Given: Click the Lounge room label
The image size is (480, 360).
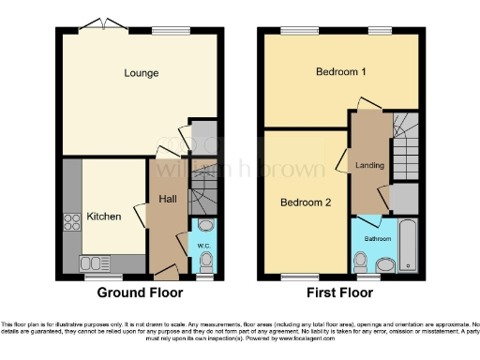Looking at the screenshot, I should click(142, 73).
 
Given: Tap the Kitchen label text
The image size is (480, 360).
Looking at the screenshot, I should click(104, 217).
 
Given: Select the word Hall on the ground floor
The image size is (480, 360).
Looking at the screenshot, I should click(167, 199).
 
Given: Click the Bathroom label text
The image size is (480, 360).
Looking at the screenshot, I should click(378, 239).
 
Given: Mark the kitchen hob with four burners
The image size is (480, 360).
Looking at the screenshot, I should click(72, 222).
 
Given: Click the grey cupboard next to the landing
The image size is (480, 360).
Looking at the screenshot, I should click(404, 199).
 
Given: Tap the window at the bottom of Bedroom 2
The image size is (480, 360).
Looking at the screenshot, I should click(301, 277).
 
